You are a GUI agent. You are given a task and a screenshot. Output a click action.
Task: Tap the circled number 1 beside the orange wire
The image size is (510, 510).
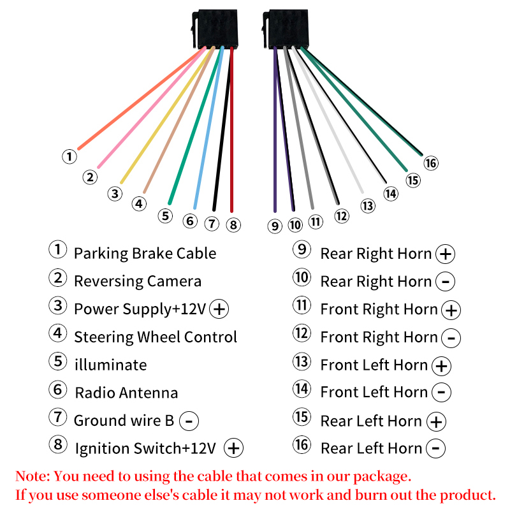click(69, 156)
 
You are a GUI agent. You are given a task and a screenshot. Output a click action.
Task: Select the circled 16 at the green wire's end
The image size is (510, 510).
click(431, 163)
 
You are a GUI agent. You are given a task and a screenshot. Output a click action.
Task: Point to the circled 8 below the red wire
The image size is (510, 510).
click(233, 224)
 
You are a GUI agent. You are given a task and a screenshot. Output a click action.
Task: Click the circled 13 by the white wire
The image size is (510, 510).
click(368, 206)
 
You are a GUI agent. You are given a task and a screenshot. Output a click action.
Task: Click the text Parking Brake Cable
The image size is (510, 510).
click(145, 253)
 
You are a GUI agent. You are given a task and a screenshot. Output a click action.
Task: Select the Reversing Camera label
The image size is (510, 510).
click(137, 281)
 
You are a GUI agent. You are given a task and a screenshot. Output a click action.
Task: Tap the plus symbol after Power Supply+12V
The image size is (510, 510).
click(219, 309)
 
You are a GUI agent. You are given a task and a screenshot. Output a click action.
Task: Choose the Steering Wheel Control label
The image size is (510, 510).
click(155, 337)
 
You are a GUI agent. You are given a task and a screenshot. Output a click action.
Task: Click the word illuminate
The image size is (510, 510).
click(110, 365)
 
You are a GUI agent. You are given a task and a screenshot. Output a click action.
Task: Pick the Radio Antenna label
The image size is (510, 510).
click(126, 393)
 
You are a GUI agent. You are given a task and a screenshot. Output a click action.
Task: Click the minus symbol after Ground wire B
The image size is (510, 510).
click(189, 421)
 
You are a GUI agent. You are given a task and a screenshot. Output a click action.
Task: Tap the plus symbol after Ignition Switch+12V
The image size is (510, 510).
click(235, 448)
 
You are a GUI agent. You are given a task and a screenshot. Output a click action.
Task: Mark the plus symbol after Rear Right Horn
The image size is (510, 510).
click(445, 254)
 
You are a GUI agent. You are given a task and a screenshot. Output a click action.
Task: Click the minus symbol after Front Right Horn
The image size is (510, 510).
click(451, 338)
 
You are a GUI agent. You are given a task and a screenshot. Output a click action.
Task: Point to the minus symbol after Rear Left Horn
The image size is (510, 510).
click(435, 449)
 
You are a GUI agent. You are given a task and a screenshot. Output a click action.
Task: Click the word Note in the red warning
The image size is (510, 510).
click(32, 476)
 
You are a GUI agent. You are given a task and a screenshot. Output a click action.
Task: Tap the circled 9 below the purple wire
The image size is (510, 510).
click(275, 226)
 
